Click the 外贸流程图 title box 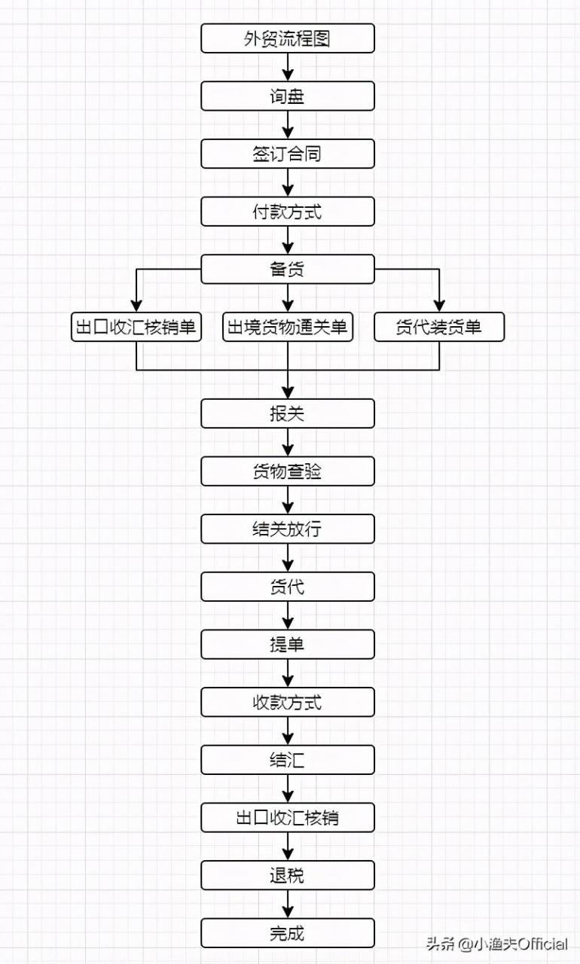coord(288,38)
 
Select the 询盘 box coord(288,96)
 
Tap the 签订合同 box coord(288,154)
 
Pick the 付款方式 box coord(288,212)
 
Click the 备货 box coord(288,269)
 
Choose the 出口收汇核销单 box coord(136,327)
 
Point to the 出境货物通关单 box coord(288,327)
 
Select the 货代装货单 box coord(439,327)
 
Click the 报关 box coord(288,413)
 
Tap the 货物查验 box coord(288,471)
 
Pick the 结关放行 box coord(288,529)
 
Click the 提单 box coord(288,644)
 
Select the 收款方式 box coord(288,702)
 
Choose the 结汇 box coord(288,759)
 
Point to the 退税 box coord(288,875)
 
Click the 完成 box coord(288,932)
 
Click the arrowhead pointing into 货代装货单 coord(439,306)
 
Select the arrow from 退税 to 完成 coord(288,904)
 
